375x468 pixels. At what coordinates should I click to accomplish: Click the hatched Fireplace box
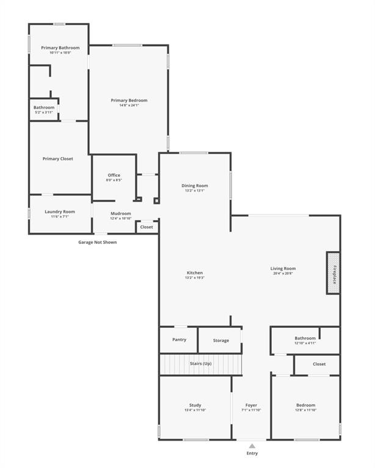click(333, 273)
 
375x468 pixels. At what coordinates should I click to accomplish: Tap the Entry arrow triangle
click(252, 446)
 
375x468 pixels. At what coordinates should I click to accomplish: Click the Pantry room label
click(179, 339)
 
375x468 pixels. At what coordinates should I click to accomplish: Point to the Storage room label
click(221, 341)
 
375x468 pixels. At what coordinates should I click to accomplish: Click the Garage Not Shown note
click(97, 242)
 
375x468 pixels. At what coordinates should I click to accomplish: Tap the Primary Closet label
click(58, 159)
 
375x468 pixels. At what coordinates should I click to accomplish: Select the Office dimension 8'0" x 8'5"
click(114, 180)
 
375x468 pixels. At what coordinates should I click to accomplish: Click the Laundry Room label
click(60, 212)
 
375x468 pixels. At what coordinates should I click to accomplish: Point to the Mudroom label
click(121, 214)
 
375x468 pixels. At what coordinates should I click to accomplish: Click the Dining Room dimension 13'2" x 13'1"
click(195, 191)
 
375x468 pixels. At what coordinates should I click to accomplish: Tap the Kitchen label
click(195, 273)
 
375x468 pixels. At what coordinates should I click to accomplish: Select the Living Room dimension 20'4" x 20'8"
click(283, 274)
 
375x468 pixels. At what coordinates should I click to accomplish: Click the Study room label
click(195, 405)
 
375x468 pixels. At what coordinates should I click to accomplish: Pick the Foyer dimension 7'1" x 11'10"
click(252, 410)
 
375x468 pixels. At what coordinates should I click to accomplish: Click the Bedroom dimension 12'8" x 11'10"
click(306, 410)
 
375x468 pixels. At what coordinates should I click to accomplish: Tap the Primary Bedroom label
click(129, 101)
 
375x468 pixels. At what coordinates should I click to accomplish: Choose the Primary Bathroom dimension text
click(60, 53)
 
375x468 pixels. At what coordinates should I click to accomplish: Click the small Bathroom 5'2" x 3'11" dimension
click(44, 113)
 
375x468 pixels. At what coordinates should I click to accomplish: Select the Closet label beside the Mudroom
click(147, 227)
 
